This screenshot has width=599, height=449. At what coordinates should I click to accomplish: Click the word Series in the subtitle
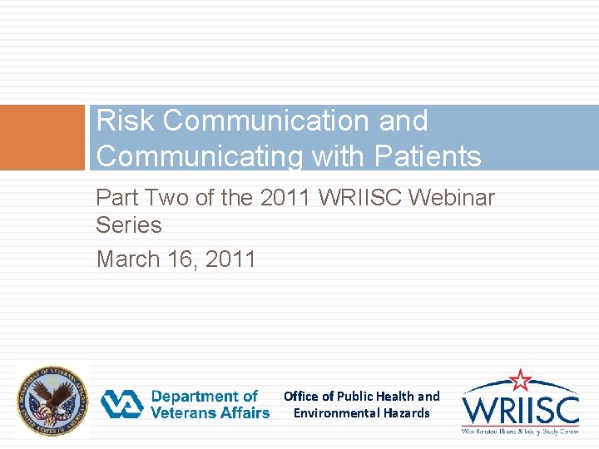[x=129, y=225]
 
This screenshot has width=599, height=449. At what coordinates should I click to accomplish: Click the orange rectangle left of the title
[x=42, y=138]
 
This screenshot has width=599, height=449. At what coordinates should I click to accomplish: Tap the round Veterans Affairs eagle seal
[x=52, y=402]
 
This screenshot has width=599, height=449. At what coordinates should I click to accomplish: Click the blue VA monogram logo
[x=122, y=405]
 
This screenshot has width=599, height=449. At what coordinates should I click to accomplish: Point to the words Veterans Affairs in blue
[x=210, y=412]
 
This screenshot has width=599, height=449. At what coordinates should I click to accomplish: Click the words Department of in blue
[x=205, y=397]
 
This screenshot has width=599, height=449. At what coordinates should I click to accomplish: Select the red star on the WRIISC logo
[x=521, y=380]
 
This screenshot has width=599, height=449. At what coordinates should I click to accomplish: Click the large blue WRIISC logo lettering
[x=521, y=410]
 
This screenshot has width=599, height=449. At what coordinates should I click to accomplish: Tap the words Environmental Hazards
[x=362, y=413]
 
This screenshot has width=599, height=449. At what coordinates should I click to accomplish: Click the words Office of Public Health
[x=349, y=397]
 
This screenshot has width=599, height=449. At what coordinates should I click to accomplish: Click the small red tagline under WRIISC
[x=521, y=432]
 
